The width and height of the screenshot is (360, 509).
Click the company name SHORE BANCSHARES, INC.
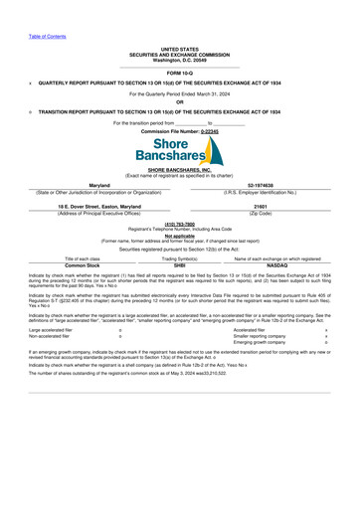tap(180, 171)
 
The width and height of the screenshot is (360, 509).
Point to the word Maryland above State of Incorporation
tap(99, 185)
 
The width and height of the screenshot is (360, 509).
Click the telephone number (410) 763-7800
tap(180, 224)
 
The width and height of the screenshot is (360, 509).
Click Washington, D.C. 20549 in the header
tap(180, 58)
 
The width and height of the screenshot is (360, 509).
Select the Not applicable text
tap(180, 235)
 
